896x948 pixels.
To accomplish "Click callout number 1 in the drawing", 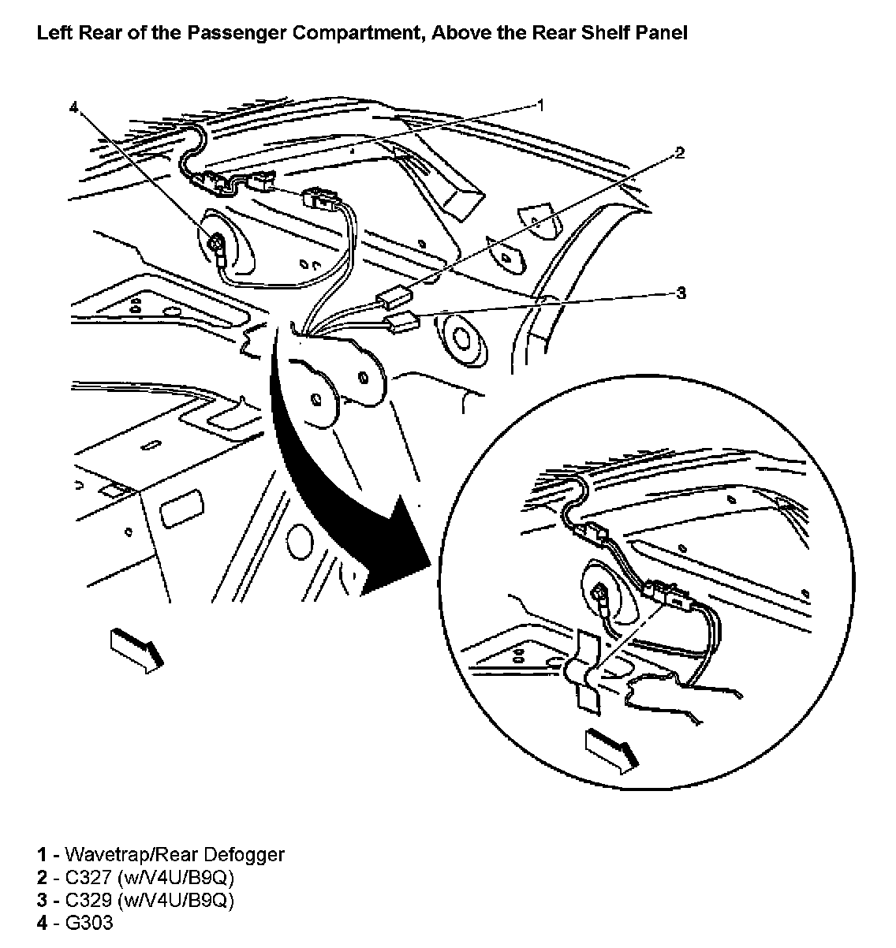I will pyautogui.click(x=540, y=104).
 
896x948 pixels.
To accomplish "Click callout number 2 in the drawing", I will pyautogui.click(x=679, y=152).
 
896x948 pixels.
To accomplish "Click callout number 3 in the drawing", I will pyautogui.click(x=681, y=293).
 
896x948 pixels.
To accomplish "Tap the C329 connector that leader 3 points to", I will pyautogui.click(x=402, y=319).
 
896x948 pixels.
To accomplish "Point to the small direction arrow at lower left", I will pyautogui.click(x=138, y=648).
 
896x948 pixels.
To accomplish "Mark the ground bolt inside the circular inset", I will pyautogui.click(x=600, y=593).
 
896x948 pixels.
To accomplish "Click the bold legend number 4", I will pyautogui.click(x=42, y=923).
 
